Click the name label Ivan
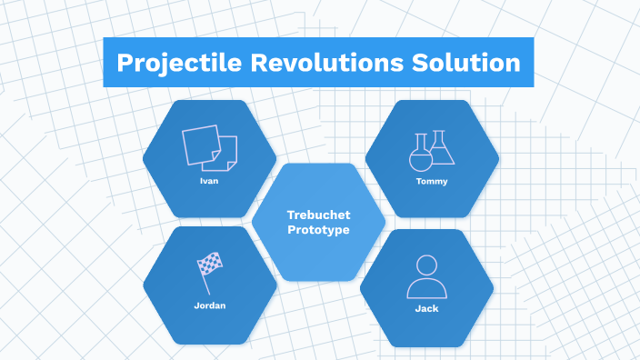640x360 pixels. click(209, 180)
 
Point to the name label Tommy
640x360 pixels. click(432, 180)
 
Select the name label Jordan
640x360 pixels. click(209, 305)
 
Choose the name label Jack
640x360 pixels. click(427, 308)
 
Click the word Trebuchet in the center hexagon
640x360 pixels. click(318, 215)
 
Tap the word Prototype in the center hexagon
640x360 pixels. click(318, 230)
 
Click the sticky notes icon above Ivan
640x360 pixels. click(210, 147)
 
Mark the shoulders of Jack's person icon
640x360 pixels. click(427, 289)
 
